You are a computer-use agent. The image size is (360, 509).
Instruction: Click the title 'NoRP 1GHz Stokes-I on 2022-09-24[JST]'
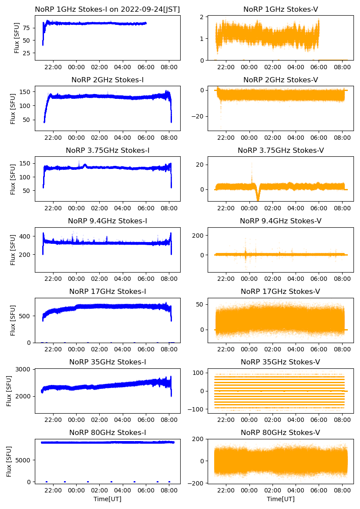108,9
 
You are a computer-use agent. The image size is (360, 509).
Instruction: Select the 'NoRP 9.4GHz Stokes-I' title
108,221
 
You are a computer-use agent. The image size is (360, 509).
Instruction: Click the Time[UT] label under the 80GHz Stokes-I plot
108,499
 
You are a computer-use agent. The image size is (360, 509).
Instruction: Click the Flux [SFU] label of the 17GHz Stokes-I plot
13,320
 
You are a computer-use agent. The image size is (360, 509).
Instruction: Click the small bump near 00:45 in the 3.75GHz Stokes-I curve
85,165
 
